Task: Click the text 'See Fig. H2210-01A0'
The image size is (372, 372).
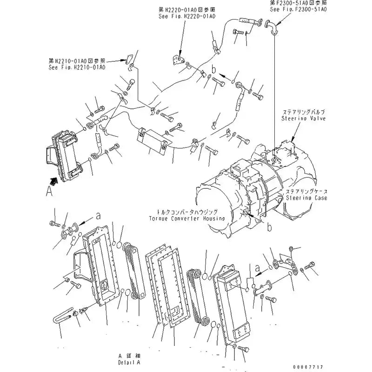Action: point(77,67)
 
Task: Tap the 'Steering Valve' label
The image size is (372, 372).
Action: point(303,119)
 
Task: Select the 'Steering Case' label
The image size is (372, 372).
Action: point(306,198)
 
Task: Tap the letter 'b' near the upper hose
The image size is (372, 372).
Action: point(214,69)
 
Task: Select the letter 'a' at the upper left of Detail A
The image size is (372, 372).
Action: point(98,215)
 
